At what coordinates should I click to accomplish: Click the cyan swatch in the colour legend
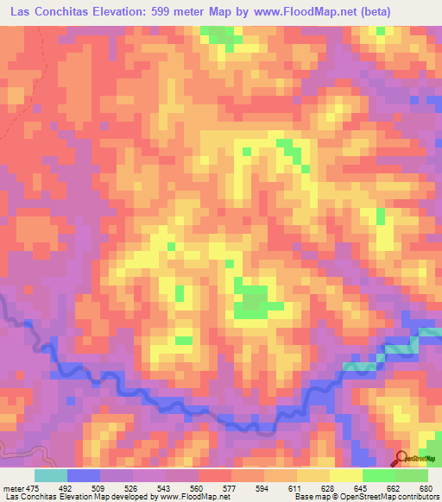51,474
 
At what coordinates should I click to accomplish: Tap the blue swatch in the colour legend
84,474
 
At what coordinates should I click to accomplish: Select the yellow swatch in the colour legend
346,474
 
